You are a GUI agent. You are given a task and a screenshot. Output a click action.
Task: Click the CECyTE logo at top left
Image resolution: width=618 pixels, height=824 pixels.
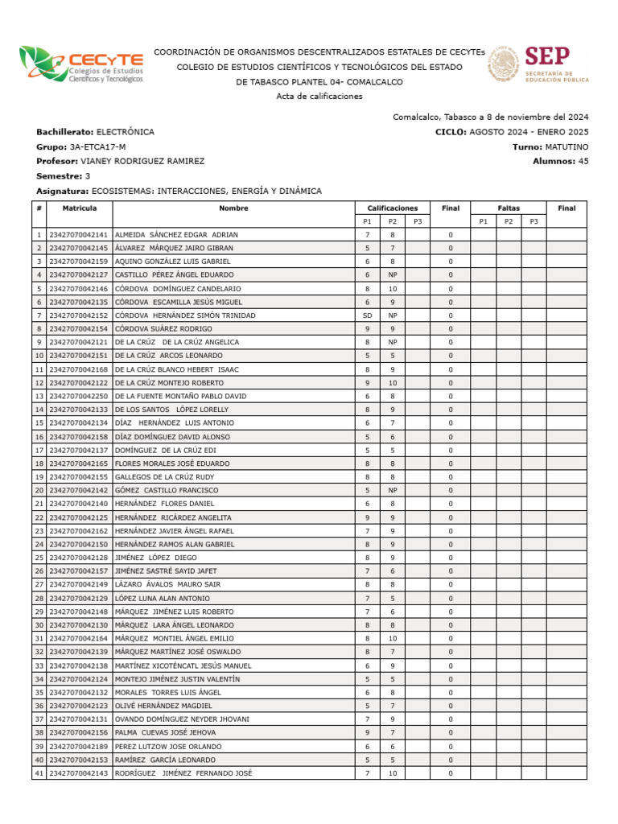click(x=81, y=65)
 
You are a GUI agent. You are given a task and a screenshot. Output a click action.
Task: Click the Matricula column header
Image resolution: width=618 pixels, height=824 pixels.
click(x=80, y=208)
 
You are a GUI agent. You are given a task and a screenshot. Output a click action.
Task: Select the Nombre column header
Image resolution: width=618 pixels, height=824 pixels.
click(x=233, y=208)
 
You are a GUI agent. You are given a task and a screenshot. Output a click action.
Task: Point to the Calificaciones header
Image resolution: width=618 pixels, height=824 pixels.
click(x=392, y=208)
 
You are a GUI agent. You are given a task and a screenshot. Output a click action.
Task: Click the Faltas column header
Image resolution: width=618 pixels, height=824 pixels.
click(x=508, y=208)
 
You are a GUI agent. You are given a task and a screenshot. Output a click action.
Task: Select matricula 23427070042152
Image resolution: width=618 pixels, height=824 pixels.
click(x=79, y=315)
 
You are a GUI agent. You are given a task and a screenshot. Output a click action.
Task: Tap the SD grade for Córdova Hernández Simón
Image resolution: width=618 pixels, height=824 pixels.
click(x=367, y=315)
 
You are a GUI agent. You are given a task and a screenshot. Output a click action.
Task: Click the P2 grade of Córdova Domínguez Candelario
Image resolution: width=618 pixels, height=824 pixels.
click(x=392, y=288)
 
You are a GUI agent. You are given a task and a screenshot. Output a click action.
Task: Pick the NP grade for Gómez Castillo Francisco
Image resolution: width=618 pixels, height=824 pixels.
click(x=392, y=490)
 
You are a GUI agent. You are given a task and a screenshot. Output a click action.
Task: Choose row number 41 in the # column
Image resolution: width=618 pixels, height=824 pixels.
click(x=39, y=772)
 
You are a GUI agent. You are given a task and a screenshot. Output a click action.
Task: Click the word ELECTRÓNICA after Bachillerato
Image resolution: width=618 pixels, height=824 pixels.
click(x=126, y=131)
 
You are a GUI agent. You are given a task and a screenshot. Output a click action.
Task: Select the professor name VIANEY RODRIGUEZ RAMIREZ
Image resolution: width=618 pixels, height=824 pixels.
click(x=142, y=161)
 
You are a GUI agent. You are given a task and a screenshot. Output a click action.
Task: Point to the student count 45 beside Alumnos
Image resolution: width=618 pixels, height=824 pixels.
click(x=583, y=161)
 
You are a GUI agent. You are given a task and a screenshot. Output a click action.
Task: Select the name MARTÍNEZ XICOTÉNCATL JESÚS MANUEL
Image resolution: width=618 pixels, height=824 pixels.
click(x=183, y=665)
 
